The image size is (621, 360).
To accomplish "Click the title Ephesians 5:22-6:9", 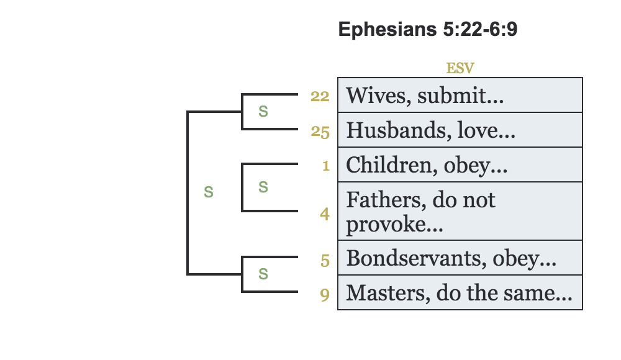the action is (x=427, y=30).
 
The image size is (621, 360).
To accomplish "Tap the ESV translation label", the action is (x=460, y=68).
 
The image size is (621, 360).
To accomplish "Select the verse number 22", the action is (x=320, y=96).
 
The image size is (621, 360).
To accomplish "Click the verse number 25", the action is (x=320, y=132).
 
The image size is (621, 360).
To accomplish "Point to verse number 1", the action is (x=325, y=166).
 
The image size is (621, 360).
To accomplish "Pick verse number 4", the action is (x=325, y=214).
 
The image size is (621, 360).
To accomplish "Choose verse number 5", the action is (x=325, y=261).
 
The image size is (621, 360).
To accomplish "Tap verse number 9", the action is (x=325, y=294).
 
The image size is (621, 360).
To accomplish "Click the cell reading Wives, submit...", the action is (x=460, y=95).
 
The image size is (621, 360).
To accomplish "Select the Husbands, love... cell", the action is (x=460, y=130).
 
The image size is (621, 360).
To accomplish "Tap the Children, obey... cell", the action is (x=460, y=164).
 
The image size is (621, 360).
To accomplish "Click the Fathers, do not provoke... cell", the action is (x=460, y=211).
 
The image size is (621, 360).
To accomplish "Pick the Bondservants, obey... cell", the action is (x=460, y=258).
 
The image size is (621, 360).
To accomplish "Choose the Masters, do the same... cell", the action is (x=460, y=292).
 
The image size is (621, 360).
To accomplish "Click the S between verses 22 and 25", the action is (x=263, y=112).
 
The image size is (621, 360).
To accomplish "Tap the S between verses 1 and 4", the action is (x=263, y=187).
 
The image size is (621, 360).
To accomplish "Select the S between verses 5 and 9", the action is (x=263, y=274).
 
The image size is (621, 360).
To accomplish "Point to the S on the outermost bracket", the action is (x=209, y=192).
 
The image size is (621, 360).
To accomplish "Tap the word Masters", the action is (x=377, y=292).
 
